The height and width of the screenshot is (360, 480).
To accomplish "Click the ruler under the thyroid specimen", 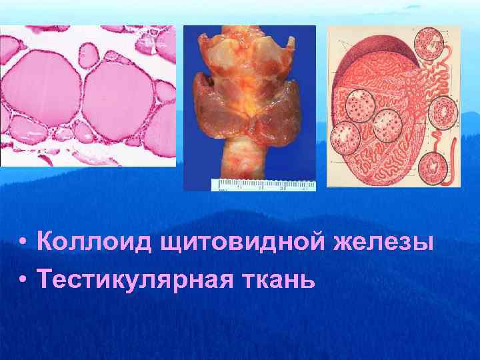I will point(263,185).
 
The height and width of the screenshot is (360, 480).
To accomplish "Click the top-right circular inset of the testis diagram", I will point(429,45).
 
